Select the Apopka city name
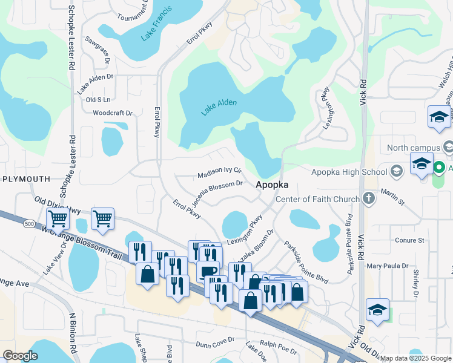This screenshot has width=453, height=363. pyautogui.click(x=271, y=185)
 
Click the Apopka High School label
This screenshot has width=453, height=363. pyautogui.click(x=349, y=172)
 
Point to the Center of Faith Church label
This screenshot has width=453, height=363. pyautogui.click(x=318, y=199)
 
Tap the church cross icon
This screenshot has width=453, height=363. pyautogui.click(x=368, y=198)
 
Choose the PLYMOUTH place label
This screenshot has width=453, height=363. pyautogui.click(x=25, y=179)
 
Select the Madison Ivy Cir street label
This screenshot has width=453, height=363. pyautogui.click(x=219, y=174)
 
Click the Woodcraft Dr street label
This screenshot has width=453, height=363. pyautogui.click(x=112, y=113)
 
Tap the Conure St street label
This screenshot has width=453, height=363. pyautogui.click(x=409, y=240)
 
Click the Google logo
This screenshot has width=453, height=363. pyautogui.click(x=21, y=355)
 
